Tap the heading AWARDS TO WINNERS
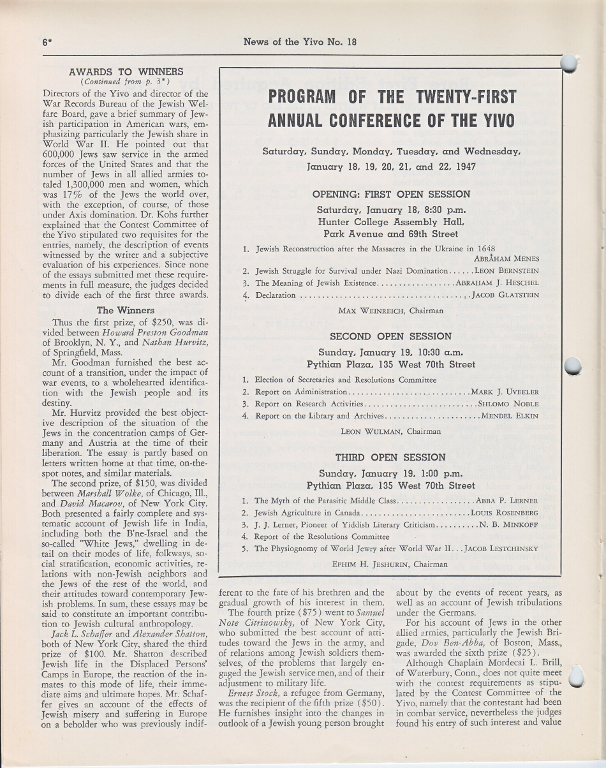(126, 71)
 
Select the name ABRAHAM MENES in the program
(506, 258)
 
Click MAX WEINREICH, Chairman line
(390, 311)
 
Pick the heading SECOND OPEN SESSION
(390, 336)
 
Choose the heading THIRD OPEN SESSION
(390, 457)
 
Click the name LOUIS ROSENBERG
(504, 512)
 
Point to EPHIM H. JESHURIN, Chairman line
(390, 564)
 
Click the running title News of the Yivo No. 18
(300, 43)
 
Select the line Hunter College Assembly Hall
(390, 222)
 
